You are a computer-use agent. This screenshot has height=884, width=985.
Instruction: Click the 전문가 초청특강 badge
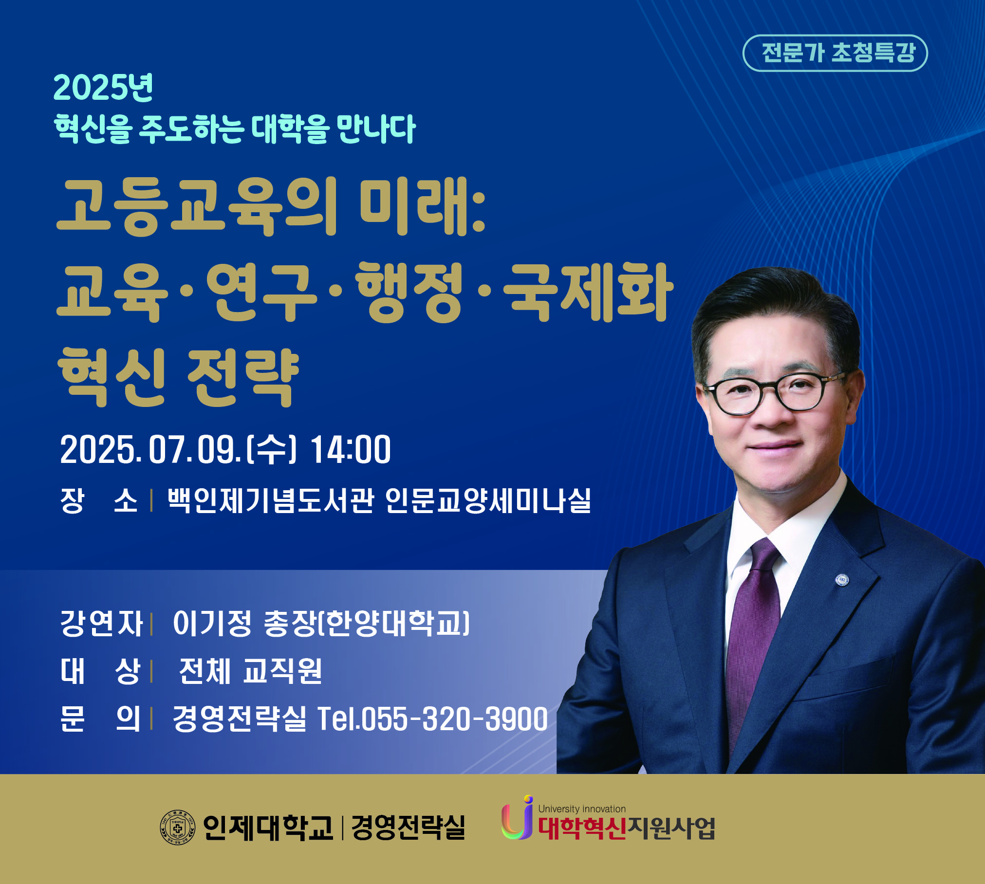pyautogui.click(x=835, y=53)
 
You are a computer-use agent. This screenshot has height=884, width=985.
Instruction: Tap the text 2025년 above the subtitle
pyautogui.click(x=103, y=88)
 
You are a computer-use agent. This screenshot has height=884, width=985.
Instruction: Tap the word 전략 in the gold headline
pyautogui.click(x=243, y=378)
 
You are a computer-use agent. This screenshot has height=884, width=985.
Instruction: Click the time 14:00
pyautogui.click(x=351, y=450)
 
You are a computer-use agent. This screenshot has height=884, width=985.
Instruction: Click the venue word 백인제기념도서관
pyautogui.click(x=271, y=500)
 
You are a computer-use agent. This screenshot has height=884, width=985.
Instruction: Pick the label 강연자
pyautogui.click(x=101, y=624)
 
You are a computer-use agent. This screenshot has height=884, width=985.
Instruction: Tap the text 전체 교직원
pyautogui.click(x=250, y=671)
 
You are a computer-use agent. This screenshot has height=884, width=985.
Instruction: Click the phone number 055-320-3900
pyautogui.click(x=455, y=719)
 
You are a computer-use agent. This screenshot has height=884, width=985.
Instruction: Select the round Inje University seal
pyautogui.click(x=178, y=828)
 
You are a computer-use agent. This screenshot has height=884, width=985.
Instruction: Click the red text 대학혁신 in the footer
pyautogui.click(x=582, y=828)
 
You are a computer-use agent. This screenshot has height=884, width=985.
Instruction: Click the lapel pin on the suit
pyautogui.click(x=842, y=580)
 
